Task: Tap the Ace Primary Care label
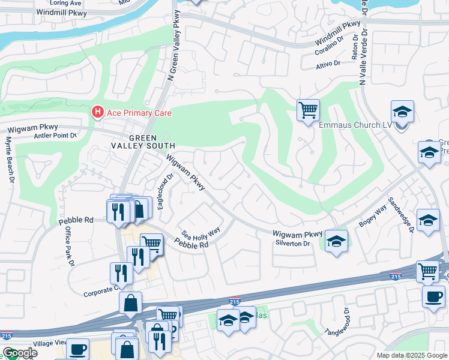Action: click(x=139, y=113)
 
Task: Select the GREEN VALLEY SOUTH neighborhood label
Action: click(x=143, y=141)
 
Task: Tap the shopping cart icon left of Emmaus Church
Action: click(x=308, y=110)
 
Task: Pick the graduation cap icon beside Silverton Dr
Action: click(x=336, y=242)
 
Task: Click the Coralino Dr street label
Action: click(x=329, y=46)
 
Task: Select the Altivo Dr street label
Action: click(x=328, y=63)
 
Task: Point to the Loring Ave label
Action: click(x=67, y=3)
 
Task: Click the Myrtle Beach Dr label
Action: click(x=9, y=160)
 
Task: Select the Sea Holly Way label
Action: click(x=202, y=231)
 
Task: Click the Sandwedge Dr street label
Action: click(x=400, y=214)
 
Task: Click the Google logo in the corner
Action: click(x=20, y=353)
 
